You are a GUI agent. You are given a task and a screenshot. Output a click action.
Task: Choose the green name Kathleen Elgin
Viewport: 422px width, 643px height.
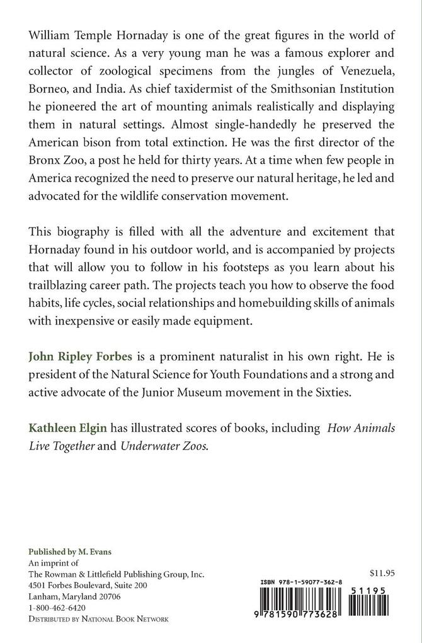click(67, 428)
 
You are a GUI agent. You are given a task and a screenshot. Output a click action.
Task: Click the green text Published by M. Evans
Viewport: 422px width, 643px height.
click(70, 552)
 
